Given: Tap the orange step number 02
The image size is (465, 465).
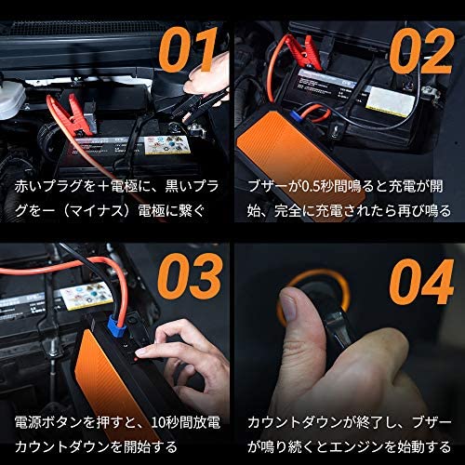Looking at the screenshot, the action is click(420, 51).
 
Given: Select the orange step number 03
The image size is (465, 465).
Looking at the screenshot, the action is click(190, 277).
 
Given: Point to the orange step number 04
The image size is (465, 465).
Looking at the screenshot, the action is click(421, 281).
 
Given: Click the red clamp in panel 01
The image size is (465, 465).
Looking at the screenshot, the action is click(72, 115).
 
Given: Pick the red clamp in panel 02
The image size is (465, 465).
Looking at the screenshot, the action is click(302, 52).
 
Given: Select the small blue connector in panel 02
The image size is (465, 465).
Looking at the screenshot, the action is click(296, 113).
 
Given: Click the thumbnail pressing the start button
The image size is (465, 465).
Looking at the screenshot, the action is click(289, 307).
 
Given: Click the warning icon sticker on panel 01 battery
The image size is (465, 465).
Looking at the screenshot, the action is click(166, 144).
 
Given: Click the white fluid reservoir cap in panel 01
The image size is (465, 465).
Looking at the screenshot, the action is click(12, 100).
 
